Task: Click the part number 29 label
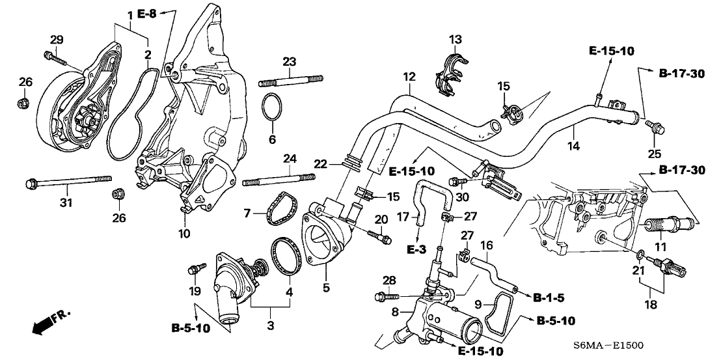coord(57,40)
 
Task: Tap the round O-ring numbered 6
coord(272,108)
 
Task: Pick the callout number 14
coord(574,146)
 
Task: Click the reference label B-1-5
coord(549,298)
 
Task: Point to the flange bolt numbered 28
coord(389,296)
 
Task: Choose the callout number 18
coord(651,305)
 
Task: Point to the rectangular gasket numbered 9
coord(496,317)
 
